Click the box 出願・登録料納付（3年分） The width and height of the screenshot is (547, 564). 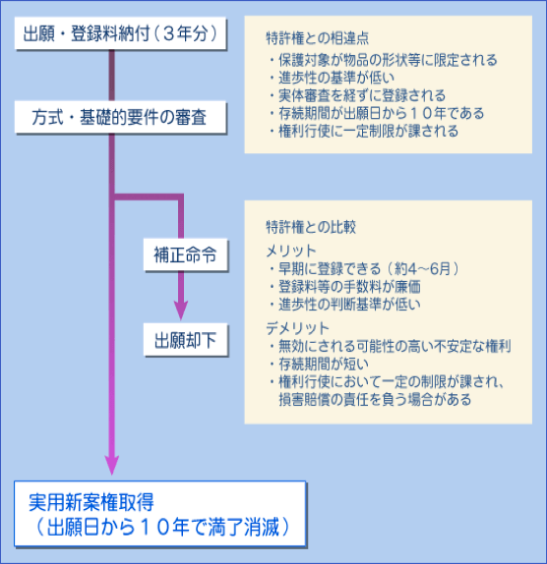(x=120, y=33)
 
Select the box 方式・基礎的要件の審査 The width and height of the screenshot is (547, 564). (x=120, y=117)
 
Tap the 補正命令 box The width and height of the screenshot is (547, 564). (x=186, y=254)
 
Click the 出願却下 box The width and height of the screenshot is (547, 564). (x=186, y=340)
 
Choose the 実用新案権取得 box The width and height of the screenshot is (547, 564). (x=160, y=514)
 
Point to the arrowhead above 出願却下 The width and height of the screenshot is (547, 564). (x=181, y=310)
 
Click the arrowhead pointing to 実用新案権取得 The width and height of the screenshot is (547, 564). (x=112, y=465)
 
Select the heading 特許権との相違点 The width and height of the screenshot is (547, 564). (x=317, y=38)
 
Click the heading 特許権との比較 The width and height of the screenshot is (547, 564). (x=311, y=227)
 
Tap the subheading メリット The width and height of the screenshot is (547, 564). (x=291, y=251)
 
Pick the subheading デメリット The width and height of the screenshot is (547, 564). (x=297, y=328)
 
